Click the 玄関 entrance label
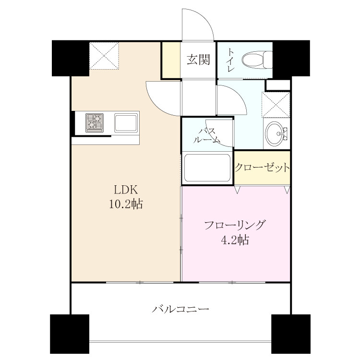198,60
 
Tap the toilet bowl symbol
257,60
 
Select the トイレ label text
230,60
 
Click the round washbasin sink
275,134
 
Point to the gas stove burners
95,123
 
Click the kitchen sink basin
126,123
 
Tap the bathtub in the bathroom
207,168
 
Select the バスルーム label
206,136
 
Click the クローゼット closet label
262,168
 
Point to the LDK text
126,190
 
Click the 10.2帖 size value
126,204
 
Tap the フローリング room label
234,225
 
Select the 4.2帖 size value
234,240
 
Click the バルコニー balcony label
180,309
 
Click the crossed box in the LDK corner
104,56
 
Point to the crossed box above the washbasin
276,105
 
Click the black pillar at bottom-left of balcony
70,334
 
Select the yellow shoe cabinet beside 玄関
171,60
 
